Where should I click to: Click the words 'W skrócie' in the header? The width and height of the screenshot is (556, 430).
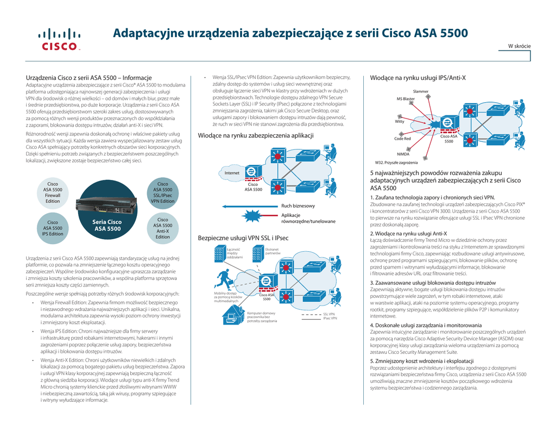point(519,46)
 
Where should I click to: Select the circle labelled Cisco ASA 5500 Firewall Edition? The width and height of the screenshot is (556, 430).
point(53,193)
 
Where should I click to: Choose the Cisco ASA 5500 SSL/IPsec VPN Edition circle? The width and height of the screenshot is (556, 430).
point(162,193)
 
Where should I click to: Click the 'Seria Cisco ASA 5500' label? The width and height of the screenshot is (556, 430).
point(107,225)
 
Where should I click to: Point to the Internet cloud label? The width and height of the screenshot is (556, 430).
point(232,173)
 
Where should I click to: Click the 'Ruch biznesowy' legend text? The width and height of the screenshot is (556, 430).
point(298,206)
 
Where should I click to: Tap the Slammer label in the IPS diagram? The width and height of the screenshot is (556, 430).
point(420,91)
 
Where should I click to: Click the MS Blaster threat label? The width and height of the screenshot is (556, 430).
point(405,99)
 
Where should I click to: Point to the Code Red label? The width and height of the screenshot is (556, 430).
point(402,139)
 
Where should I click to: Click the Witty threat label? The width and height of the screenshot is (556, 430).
point(400,122)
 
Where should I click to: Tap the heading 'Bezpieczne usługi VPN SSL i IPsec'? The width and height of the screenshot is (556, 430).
point(243,238)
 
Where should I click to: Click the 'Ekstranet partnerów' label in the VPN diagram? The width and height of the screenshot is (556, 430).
point(273,251)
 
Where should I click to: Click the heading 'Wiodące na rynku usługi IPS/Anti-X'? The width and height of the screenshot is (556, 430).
point(418,78)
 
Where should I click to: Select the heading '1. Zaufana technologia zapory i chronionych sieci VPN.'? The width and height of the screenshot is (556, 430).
point(432,197)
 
